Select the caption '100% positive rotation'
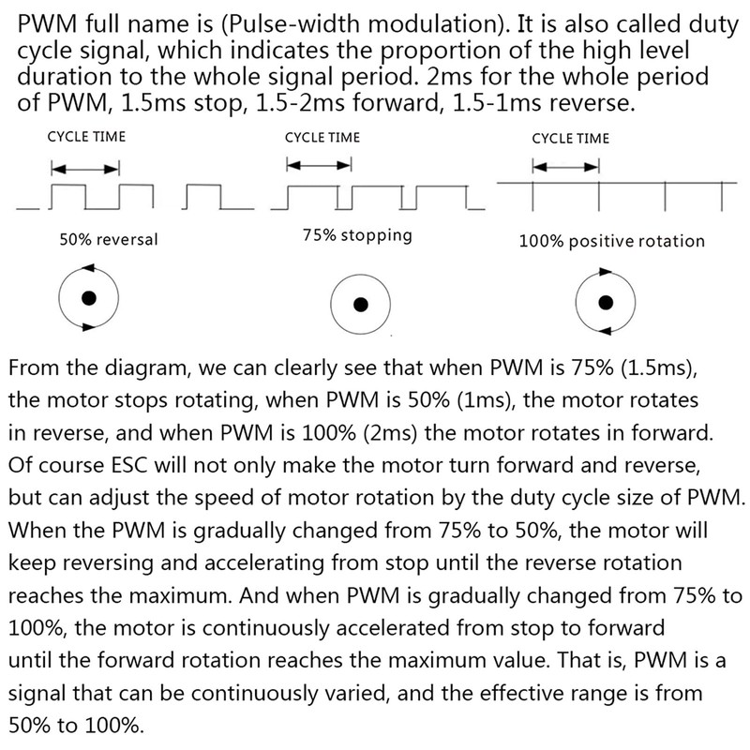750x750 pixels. tap(611, 241)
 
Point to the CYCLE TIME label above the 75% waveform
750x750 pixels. tap(322, 137)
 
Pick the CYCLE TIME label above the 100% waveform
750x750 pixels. tap(570, 138)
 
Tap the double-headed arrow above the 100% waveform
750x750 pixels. tap(565, 168)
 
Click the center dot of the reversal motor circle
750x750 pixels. tap(88, 299)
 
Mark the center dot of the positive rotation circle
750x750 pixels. tap(606, 301)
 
